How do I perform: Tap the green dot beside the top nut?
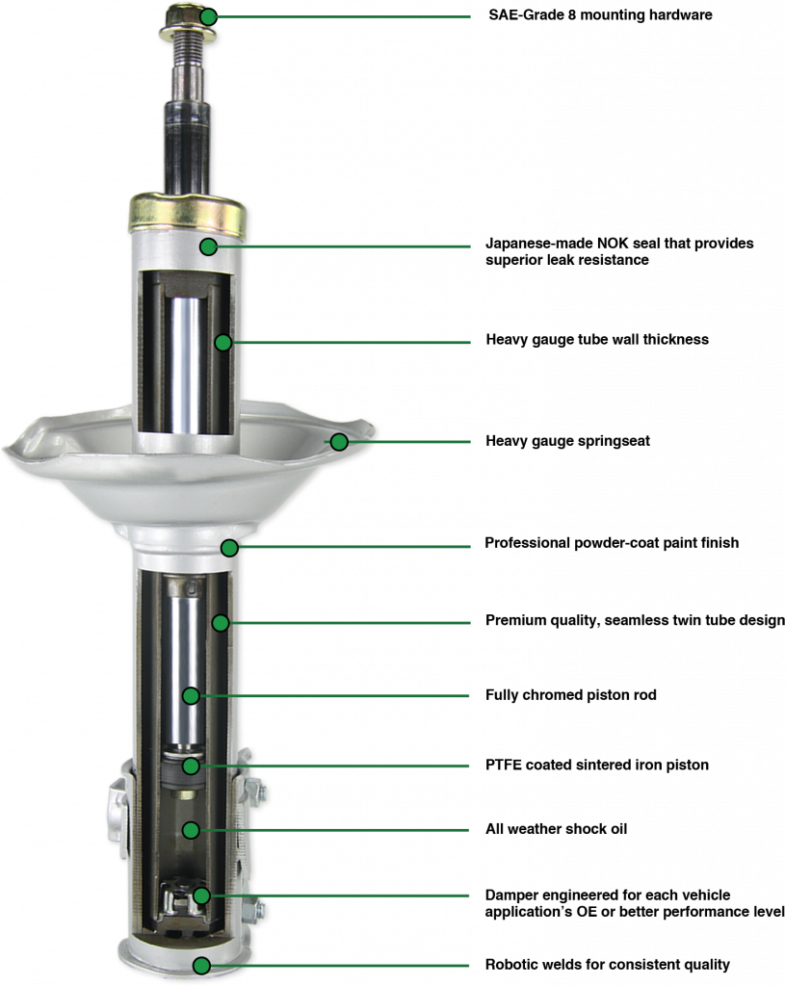(208, 16)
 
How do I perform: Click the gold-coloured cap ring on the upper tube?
(187, 214)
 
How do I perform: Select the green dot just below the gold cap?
(208, 246)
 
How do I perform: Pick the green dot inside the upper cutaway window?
(223, 342)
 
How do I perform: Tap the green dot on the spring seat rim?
(339, 442)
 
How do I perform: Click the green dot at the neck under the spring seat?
(229, 548)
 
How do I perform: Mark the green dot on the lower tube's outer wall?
(221, 623)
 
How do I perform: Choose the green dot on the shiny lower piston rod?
(192, 695)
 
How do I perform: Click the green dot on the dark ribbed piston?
(192, 766)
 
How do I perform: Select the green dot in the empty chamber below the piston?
(192, 829)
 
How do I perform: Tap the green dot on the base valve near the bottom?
(200, 895)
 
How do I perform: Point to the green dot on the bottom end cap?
(200, 965)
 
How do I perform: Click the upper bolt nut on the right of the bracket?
(257, 792)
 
